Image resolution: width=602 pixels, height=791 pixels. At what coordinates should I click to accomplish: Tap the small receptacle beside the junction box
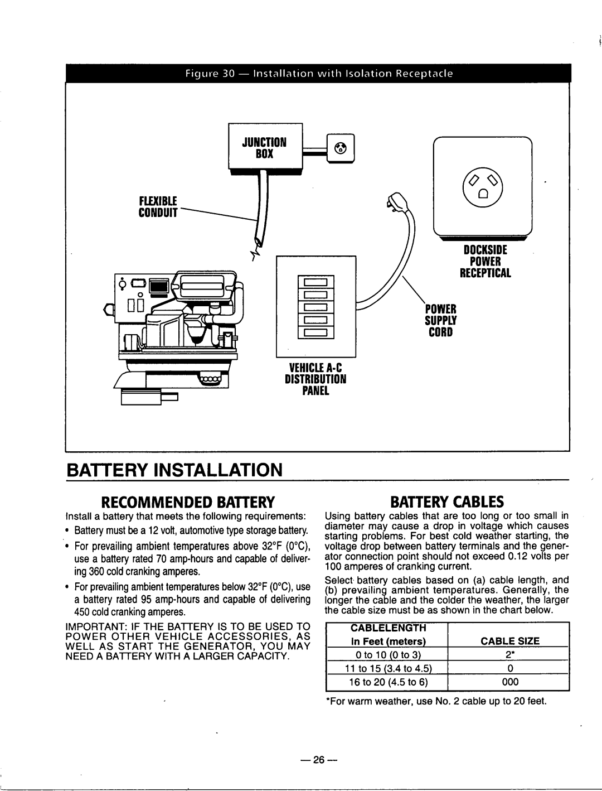click(341, 148)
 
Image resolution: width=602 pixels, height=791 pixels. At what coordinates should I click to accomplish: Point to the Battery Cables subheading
click(445, 499)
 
